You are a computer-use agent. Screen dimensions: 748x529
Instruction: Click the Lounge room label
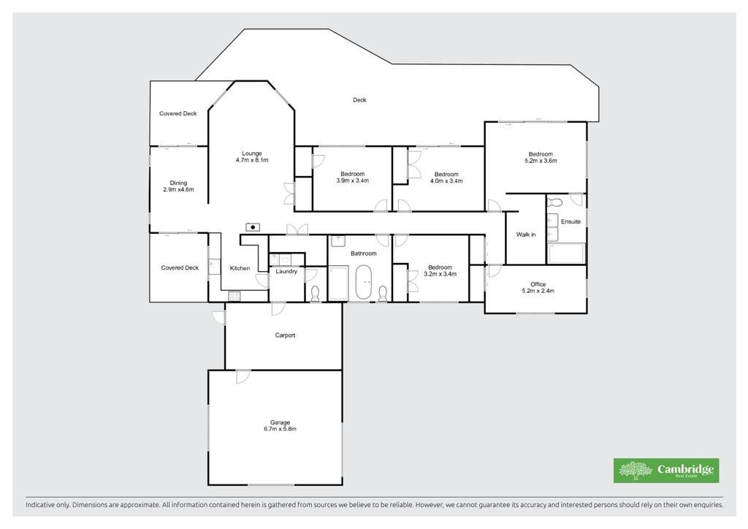click(x=252, y=157)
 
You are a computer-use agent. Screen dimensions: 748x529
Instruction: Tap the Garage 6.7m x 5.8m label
click(x=280, y=425)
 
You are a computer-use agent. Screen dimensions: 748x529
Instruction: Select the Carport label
click(x=286, y=335)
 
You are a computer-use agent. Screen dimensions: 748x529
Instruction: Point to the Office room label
click(x=538, y=287)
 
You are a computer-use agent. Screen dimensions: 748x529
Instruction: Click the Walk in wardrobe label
click(x=526, y=235)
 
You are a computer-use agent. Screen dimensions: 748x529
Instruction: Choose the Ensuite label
click(x=570, y=222)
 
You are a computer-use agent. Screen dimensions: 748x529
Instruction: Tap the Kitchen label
click(x=240, y=269)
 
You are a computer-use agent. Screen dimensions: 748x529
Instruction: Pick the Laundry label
click(x=286, y=271)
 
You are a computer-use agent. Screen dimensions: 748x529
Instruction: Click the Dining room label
click(x=178, y=186)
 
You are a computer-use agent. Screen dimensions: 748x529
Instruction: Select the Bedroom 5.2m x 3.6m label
click(x=541, y=157)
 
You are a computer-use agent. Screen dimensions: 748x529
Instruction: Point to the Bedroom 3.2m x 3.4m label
click(x=440, y=270)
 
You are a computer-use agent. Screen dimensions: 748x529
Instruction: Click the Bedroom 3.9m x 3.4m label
click(x=353, y=177)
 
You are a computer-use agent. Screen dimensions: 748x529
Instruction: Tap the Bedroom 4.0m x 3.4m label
click(x=446, y=178)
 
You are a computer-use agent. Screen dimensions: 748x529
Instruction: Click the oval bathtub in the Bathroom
click(x=364, y=281)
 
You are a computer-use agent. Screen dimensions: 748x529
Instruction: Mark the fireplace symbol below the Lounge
click(x=253, y=227)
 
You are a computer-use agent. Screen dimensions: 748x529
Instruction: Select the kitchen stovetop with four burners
click(x=234, y=296)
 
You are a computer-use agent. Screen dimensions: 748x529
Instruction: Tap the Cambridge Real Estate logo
click(x=666, y=471)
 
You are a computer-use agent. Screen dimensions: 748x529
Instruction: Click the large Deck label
click(x=359, y=100)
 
